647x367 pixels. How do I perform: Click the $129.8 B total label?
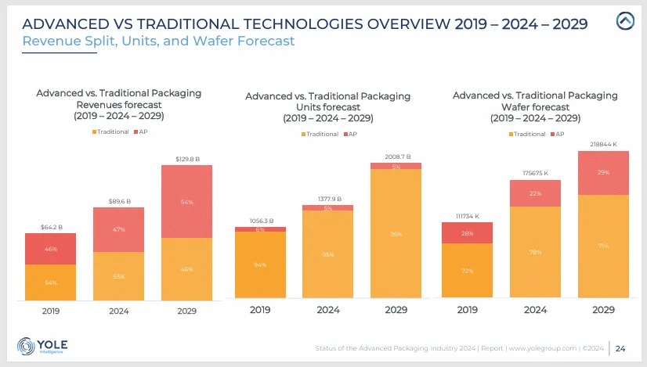click(x=186, y=159)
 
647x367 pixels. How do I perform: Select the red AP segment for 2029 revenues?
click(x=186, y=201)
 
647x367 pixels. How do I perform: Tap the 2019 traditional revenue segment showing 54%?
click(x=51, y=282)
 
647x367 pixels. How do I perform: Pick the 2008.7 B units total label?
click(x=396, y=157)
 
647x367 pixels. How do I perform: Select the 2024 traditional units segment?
click(x=327, y=254)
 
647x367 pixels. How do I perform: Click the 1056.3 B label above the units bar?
click(x=260, y=221)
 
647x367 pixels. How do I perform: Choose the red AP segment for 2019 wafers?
click(x=467, y=232)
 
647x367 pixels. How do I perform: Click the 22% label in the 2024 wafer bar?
click(x=535, y=193)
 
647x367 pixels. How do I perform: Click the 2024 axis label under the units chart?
click(x=327, y=309)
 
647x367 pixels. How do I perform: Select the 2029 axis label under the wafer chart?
click(x=603, y=309)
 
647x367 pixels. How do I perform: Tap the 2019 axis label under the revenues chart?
click(x=51, y=309)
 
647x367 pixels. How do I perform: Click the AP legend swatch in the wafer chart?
click(x=553, y=135)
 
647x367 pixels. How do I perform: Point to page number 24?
click(x=620, y=347)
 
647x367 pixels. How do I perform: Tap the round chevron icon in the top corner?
click(x=625, y=21)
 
